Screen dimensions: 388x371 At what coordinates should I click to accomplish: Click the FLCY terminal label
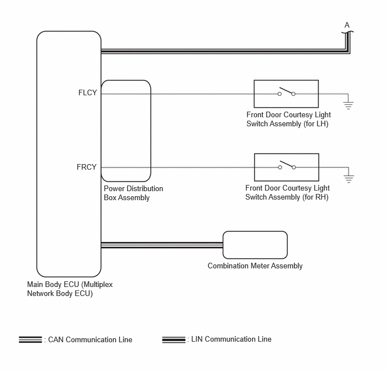(87, 92)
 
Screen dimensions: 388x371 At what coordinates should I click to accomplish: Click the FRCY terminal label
(87, 167)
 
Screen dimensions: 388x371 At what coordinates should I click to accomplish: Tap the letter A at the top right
(347, 25)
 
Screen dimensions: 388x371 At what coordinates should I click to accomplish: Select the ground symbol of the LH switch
(348, 105)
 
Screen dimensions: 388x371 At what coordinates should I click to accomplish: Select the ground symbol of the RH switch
(349, 179)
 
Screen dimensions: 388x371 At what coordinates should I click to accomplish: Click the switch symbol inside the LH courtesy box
(286, 91)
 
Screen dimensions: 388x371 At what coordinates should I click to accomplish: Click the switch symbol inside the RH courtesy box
(287, 165)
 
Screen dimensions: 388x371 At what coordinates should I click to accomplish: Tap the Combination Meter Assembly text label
(255, 266)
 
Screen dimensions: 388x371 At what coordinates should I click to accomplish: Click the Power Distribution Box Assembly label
(133, 193)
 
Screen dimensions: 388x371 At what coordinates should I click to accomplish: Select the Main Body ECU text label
(70, 289)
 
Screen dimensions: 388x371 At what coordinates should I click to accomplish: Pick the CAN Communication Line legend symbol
(30, 339)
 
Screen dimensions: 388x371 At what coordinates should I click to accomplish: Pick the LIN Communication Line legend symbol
(174, 339)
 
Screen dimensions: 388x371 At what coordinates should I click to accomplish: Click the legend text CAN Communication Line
(90, 339)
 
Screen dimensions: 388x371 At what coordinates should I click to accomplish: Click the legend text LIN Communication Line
(231, 339)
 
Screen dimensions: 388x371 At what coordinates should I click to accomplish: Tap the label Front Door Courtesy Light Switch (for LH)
(289, 119)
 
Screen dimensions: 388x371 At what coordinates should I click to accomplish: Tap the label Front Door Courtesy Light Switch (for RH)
(288, 192)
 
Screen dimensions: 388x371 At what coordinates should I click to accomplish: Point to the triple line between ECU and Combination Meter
(162, 245)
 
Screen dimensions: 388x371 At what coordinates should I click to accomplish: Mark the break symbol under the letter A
(347, 32)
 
